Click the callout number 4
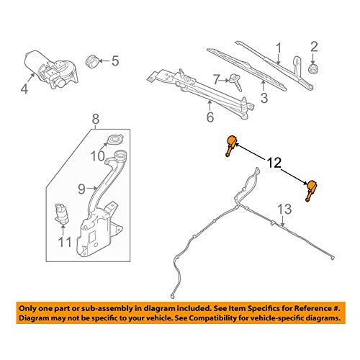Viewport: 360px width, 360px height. coord(24,90)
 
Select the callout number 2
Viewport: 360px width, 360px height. coord(313,48)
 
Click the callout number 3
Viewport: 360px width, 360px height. coord(264,96)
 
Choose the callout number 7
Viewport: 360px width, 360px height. coord(214,78)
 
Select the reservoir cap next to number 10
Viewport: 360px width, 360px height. coord(114,140)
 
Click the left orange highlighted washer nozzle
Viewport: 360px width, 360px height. coord(231,146)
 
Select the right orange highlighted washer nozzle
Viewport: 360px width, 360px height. coord(311,190)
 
